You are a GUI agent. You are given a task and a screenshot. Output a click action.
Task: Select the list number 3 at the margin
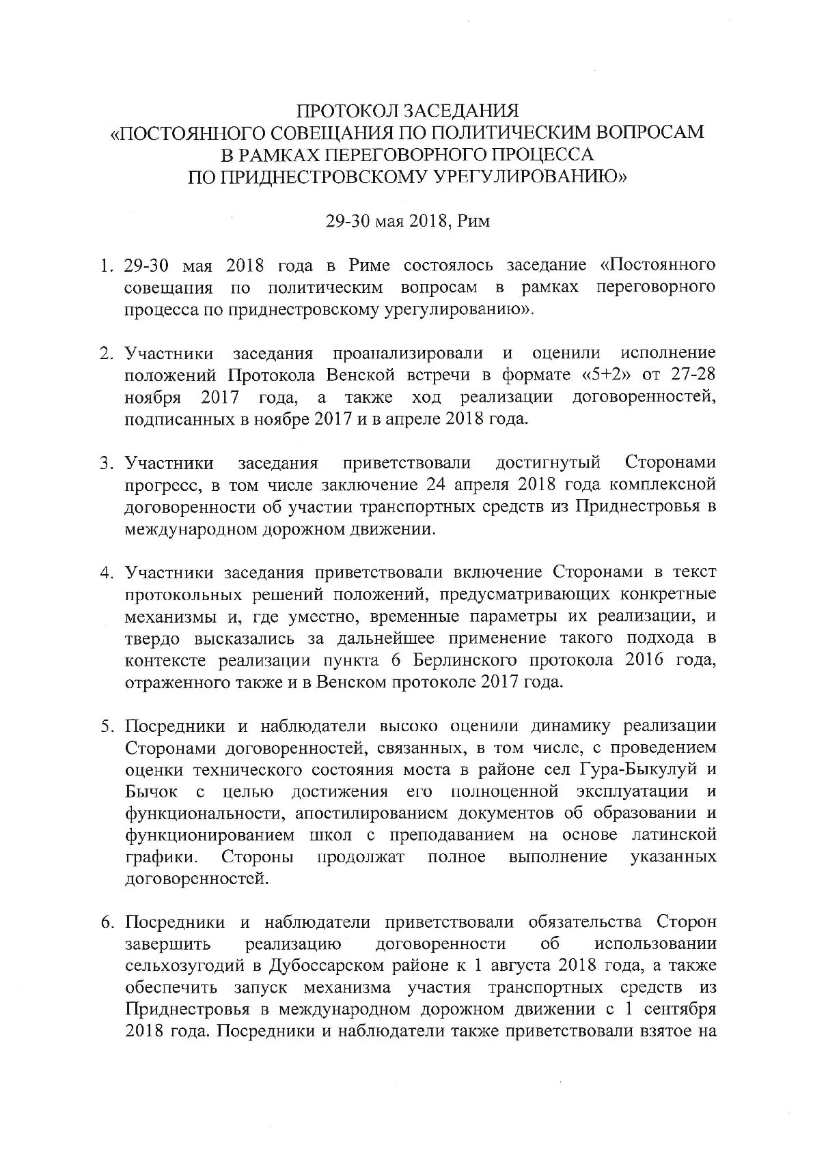(106, 464)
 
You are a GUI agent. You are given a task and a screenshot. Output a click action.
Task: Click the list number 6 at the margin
(106, 922)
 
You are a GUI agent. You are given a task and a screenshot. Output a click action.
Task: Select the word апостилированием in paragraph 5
(357, 813)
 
